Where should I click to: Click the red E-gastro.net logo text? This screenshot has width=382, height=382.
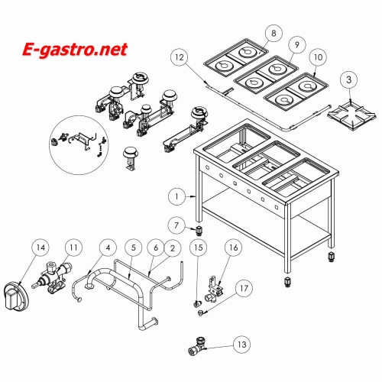(x=75, y=50)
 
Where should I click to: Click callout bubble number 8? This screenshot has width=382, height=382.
(x=274, y=33)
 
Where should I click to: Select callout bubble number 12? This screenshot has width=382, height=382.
(x=180, y=57)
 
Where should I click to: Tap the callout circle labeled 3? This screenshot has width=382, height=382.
(x=349, y=79)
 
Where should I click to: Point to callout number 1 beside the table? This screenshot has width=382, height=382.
(x=176, y=196)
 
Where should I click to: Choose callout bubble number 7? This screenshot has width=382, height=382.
(x=176, y=225)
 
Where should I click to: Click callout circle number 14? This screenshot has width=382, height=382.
(x=40, y=248)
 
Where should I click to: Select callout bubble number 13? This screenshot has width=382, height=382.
(x=242, y=345)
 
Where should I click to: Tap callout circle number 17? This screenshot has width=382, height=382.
(x=244, y=288)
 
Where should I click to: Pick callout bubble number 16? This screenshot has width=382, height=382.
(x=233, y=248)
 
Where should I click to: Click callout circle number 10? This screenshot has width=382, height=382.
(x=318, y=57)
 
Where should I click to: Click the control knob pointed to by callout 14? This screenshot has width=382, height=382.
(x=17, y=296)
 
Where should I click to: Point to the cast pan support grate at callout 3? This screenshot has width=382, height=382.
(x=351, y=116)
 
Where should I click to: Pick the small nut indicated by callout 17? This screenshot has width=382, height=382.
(x=201, y=312)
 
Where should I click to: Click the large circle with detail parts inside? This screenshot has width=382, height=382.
(x=79, y=145)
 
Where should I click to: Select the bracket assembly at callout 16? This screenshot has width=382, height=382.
(x=215, y=290)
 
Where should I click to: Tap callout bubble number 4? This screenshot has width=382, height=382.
(x=108, y=248)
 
